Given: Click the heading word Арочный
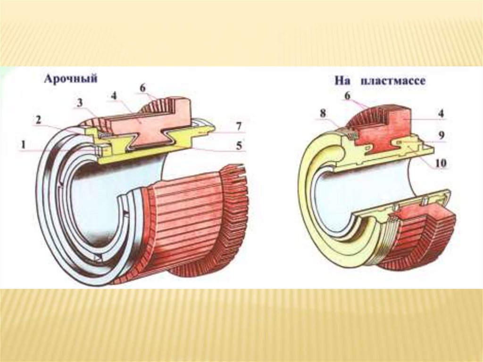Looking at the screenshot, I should click(71, 79).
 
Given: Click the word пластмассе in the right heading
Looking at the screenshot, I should click(393, 81).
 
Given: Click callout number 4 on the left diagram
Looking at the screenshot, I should click(114, 96).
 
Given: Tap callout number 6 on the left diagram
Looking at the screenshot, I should click(143, 88).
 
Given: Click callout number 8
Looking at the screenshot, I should click(323, 113).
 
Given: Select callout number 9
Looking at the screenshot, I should click(441, 135).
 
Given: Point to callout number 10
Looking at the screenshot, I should click(441, 163).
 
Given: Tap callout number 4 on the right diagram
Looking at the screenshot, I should click(441, 114).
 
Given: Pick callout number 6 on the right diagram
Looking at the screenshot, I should click(347, 95).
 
